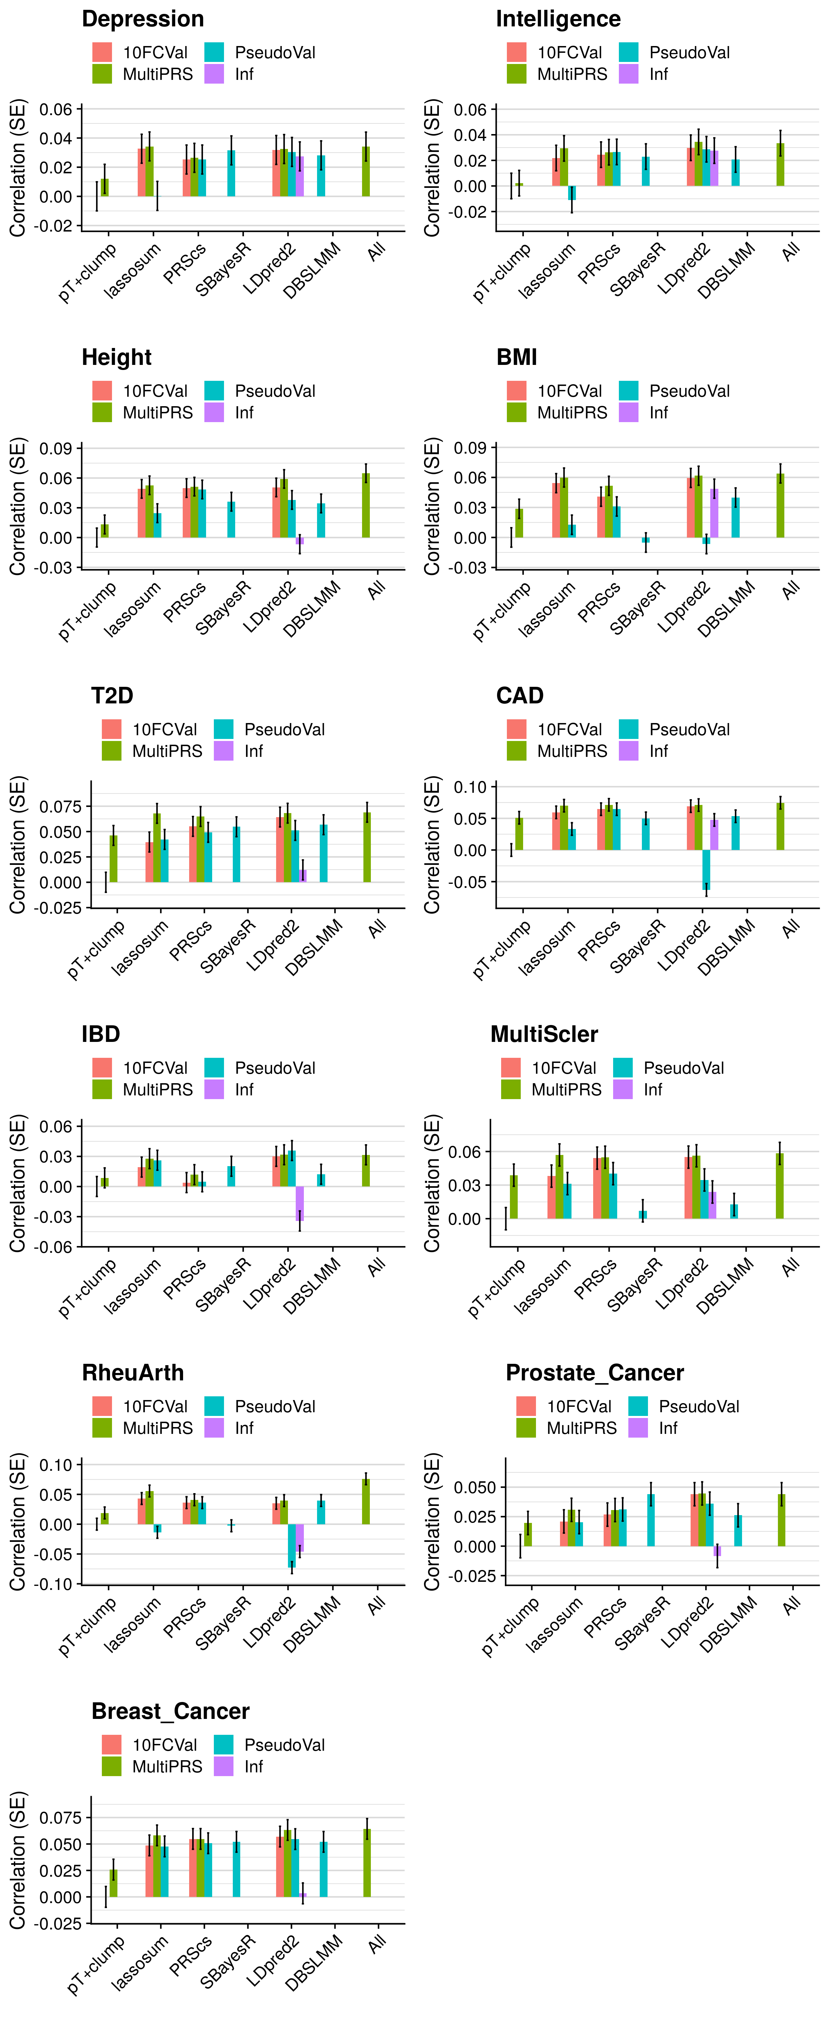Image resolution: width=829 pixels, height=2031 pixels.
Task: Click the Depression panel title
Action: [x=143, y=19]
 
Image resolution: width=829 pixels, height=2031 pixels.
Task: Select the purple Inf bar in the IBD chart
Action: [x=299, y=1204]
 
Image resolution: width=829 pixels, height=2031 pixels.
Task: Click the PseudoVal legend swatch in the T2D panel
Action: [x=224, y=729]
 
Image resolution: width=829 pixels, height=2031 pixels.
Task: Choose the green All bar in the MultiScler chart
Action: [x=779, y=1186]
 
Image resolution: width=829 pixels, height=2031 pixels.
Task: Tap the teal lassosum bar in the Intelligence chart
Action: [x=572, y=192]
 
